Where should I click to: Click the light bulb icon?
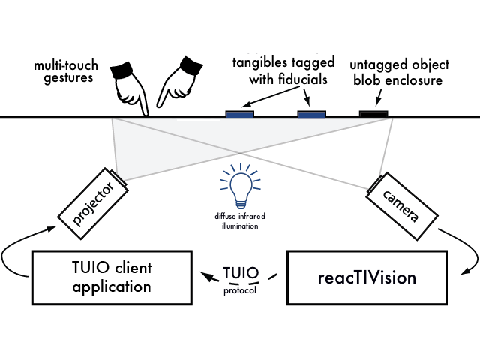coord(240,188)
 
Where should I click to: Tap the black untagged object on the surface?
coord(373,113)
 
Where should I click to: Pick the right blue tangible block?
coord(312,113)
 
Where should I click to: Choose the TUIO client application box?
coord(110,276)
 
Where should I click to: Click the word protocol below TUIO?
coord(241,286)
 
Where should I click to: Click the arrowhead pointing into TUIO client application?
coord(203,276)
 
